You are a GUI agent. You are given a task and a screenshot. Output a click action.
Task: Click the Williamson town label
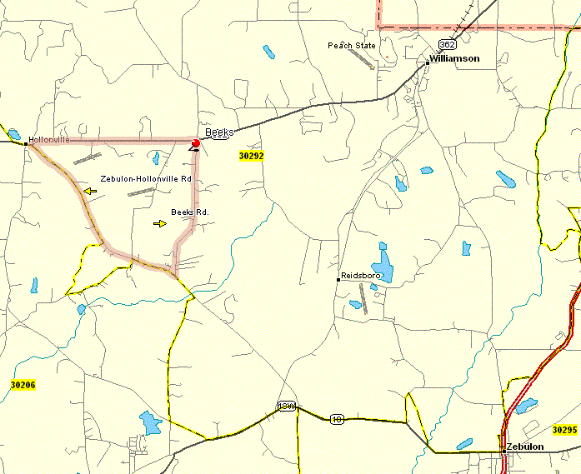(x=455, y=59)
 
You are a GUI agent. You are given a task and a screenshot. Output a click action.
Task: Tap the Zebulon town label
(x=525, y=447)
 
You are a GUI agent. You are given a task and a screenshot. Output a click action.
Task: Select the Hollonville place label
(x=49, y=139)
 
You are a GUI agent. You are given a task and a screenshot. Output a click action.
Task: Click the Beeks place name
(x=219, y=132)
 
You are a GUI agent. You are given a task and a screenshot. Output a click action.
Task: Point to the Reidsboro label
(x=361, y=275)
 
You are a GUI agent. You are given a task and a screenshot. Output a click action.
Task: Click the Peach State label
(x=352, y=45)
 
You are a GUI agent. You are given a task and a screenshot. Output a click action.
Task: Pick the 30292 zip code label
(x=251, y=156)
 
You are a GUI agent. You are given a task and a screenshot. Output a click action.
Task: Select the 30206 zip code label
(x=23, y=385)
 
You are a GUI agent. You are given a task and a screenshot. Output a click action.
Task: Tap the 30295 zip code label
(x=564, y=430)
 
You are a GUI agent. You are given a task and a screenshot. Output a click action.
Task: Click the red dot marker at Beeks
(x=196, y=144)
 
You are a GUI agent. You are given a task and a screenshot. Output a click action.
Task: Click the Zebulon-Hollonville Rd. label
(x=147, y=178)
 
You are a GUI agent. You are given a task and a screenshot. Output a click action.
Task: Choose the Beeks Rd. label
(x=189, y=212)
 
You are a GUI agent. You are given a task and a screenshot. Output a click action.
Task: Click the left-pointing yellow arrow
(x=89, y=192)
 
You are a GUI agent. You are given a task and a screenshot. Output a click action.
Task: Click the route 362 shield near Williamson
(x=448, y=44)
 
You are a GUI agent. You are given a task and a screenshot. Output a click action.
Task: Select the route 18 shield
(x=337, y=418)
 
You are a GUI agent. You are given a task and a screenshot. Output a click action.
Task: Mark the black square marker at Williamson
(x=428, y=62)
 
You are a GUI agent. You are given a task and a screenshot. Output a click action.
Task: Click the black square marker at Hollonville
(x=27, y=143)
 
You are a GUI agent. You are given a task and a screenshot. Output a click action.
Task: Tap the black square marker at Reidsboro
(x=338, y=279)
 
